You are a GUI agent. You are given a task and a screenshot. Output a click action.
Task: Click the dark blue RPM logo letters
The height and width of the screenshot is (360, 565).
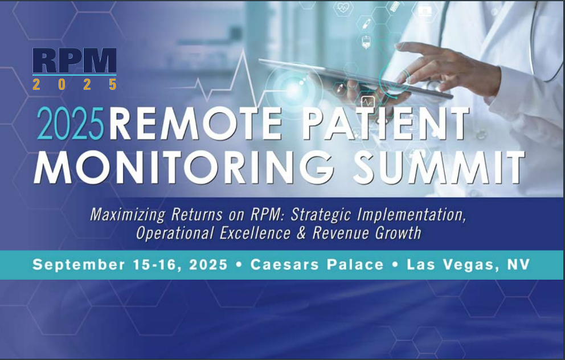click(75, 61)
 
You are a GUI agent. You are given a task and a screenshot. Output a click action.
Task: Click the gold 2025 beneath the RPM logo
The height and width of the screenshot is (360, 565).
click(75, 85)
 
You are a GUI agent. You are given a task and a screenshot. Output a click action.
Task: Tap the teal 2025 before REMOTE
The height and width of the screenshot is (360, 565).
click(71, 124)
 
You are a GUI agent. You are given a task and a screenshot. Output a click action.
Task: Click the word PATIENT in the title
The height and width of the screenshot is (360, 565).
click(385, 124)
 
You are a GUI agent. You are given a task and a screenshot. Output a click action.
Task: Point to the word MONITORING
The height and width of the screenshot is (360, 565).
click(184, 168)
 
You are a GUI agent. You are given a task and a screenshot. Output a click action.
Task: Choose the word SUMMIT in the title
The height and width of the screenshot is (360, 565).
click(439, 168)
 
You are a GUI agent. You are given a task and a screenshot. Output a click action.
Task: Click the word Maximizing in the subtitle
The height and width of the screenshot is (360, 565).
click(128, 215)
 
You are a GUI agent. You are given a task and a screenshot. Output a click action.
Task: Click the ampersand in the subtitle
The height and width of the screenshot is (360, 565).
click(301, 233)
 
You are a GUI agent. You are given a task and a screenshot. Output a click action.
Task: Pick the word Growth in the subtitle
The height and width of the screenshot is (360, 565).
click(398, 233)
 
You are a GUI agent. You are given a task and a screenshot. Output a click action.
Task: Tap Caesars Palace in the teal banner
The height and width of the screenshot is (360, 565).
click(317, 264)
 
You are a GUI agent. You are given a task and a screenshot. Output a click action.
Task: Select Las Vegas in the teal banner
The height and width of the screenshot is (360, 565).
click(451, 265)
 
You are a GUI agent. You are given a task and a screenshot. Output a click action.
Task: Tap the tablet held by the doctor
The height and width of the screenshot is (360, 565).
click(355, 79)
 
